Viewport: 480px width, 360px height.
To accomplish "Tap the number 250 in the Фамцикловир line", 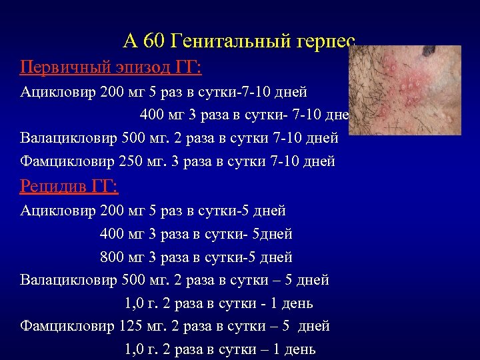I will (133, 161).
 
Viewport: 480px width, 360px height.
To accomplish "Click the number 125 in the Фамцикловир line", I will (133, 327).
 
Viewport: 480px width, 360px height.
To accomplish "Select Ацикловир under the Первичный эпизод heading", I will (57, 91).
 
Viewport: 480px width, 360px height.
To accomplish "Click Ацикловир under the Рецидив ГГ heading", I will (57, 211).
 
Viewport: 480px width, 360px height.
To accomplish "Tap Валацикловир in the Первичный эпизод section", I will (69, 138).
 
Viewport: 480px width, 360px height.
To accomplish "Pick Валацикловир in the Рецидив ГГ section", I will (69, 280).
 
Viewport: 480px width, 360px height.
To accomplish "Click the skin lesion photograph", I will (405, 91).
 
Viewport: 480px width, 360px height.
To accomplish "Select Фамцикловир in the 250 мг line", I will (67, 161).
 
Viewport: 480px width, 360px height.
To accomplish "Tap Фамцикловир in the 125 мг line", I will (67, 327).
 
